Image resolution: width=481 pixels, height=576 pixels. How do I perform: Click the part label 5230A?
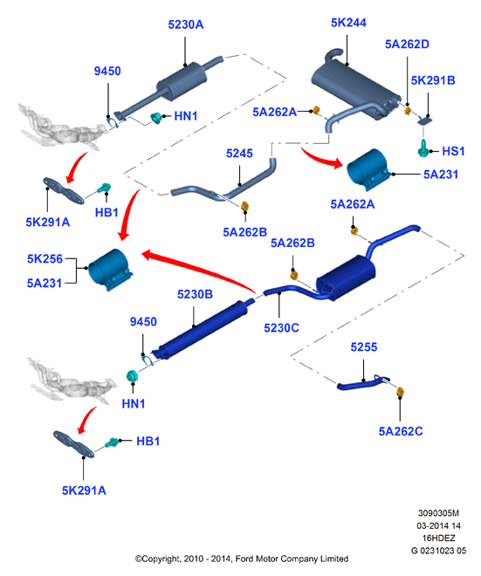(186, 24)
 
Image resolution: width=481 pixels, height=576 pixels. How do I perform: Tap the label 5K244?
(348, 23)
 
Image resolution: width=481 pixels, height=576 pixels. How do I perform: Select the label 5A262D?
(407, 45)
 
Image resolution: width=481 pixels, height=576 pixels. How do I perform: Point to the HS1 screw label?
(453, 151)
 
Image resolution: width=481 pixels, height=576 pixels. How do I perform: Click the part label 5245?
(239, 154)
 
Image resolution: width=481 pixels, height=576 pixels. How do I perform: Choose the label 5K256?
(45, 258)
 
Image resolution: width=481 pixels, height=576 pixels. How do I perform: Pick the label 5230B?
(195, 294)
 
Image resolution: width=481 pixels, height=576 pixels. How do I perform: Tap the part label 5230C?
(281, 327)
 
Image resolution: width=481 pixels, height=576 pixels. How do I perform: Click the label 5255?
(364, 347)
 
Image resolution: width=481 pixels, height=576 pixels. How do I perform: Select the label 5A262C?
(401, 431)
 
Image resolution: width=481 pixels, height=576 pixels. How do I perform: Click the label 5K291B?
(433, 80)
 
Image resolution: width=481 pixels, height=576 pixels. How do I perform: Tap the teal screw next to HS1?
(423, 148)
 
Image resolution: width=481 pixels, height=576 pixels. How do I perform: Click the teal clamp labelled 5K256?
(110, 270)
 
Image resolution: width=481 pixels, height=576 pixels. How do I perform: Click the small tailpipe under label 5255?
(363, 383)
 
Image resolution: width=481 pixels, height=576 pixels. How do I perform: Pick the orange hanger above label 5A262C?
(400, 392)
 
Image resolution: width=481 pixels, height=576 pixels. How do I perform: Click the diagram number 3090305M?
(438, 513)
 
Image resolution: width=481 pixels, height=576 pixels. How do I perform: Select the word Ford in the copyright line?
(244, 559)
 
